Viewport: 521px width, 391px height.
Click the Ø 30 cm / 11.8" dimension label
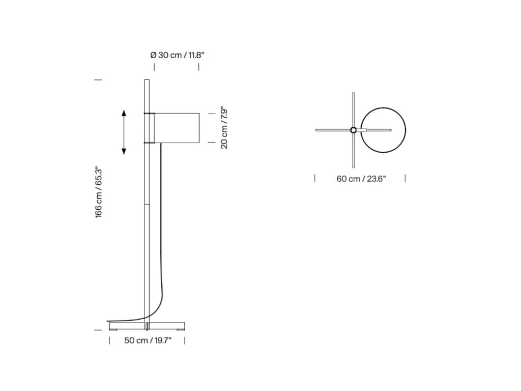[177, 55]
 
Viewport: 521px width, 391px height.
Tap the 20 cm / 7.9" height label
[224, 128]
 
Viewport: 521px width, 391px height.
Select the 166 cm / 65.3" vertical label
[99, 192]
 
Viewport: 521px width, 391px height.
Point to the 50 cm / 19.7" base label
[148, 341]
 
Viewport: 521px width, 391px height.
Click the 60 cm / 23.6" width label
[361, 179]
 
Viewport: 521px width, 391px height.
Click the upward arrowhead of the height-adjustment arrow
[124, 113]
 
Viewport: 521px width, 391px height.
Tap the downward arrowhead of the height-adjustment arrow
[124, 151]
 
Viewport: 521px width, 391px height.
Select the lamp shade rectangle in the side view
[177, 128]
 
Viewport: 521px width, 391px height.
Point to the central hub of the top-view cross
[353, 130]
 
